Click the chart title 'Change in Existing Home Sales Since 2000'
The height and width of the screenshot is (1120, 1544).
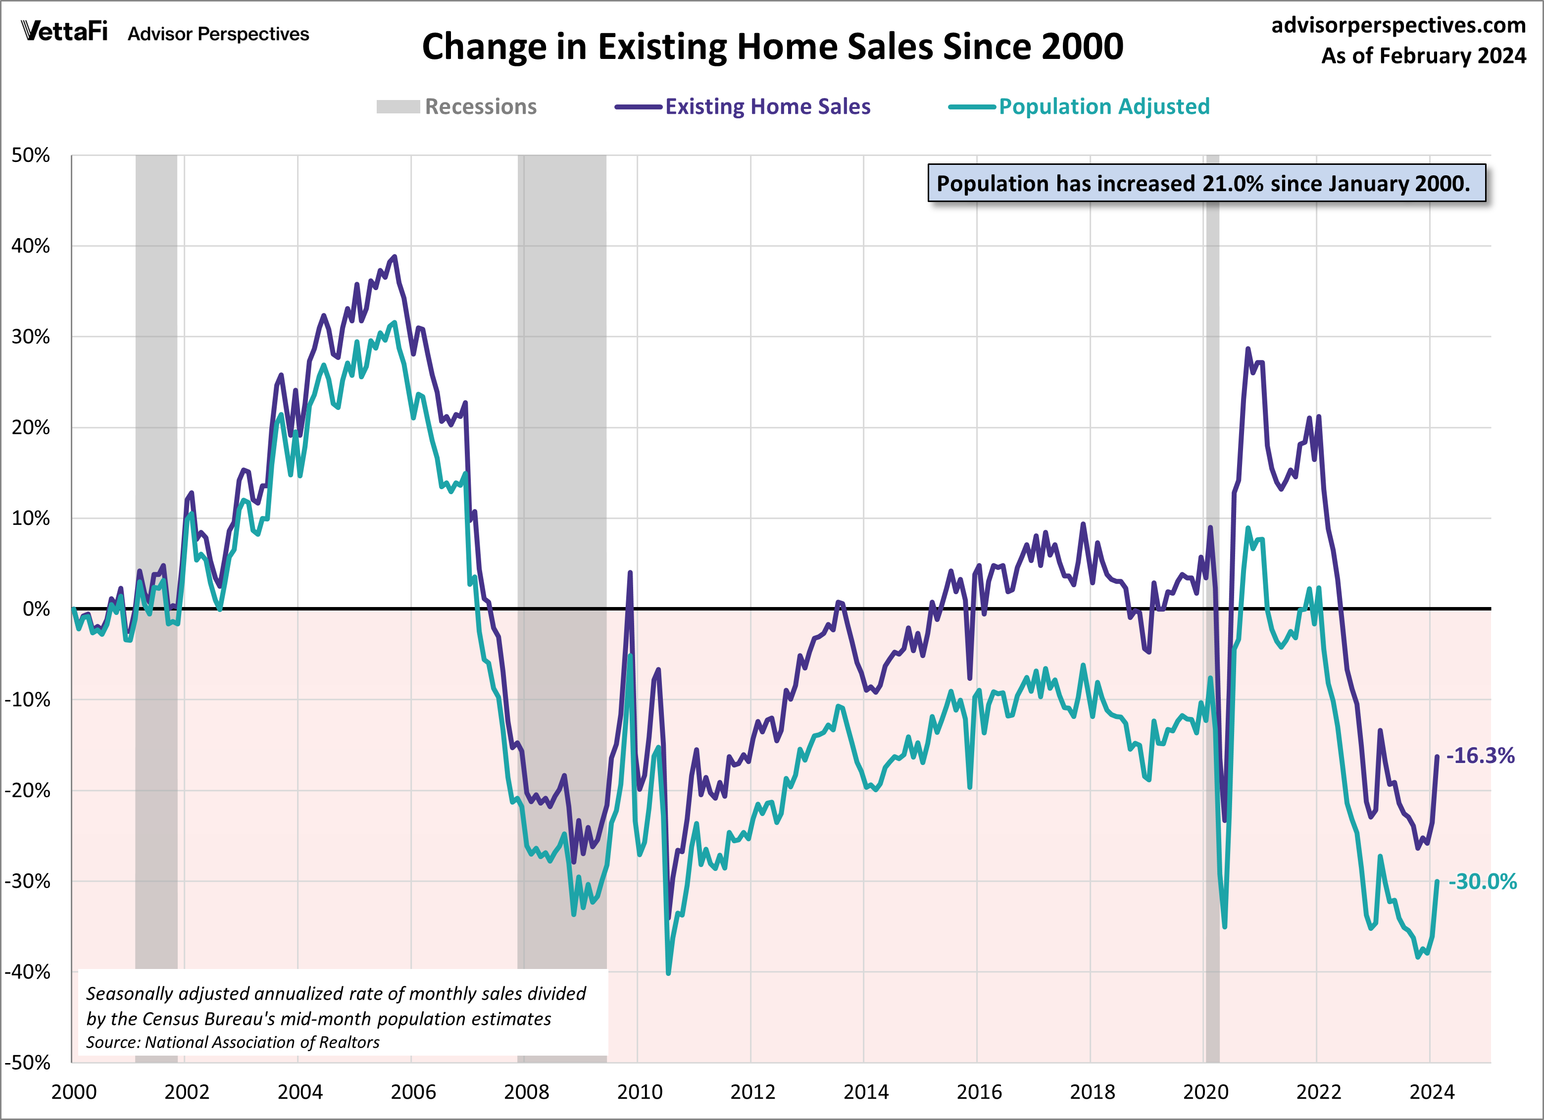(x=772, y=47)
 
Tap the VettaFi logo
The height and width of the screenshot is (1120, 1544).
(x=65, y=31)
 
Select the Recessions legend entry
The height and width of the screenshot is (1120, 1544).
(x=456, y=106)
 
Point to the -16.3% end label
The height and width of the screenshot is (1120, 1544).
(x=1480, y=756)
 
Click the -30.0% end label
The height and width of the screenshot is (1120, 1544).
(x=1482, y=882)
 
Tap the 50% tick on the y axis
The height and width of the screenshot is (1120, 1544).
(x=31, y=155)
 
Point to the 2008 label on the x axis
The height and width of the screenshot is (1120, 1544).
(x=526, y=1092)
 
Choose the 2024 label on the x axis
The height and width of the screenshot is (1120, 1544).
(x=1432, y=1092)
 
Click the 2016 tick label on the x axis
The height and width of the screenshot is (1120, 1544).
(x=979, y=1092)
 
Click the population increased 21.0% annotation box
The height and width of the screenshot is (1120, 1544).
(x=1206, y=183)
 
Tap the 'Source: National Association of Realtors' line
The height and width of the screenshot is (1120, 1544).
(x=233, y=1042)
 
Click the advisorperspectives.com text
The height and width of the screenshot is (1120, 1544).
(x=1398, y=25)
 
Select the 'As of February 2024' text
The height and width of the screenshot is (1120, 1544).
(x=1424, y=56)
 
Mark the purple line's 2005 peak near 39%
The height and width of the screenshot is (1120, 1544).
(x=394, y=257)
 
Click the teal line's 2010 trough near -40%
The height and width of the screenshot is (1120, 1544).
(x=668, y=973)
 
